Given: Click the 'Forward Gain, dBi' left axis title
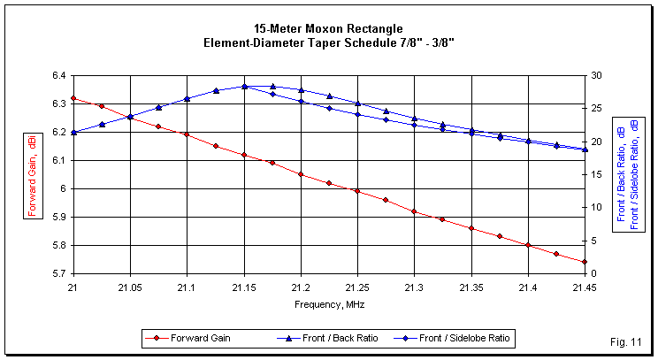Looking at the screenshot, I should (32, 173).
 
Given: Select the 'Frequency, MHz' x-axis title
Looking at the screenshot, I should (328, 303).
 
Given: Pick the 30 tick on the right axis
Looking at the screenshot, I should (598, 75).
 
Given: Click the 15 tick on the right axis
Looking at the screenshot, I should (598, 174).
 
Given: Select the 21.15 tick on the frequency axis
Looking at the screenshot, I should (243, 287).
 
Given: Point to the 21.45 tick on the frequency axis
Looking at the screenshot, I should (585, 287).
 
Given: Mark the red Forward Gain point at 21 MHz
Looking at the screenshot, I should (73, 98).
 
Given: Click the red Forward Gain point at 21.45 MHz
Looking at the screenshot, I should (585, 262).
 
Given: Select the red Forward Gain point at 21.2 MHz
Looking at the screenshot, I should (301, 174).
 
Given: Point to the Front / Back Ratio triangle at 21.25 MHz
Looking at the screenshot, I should (357, 103).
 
